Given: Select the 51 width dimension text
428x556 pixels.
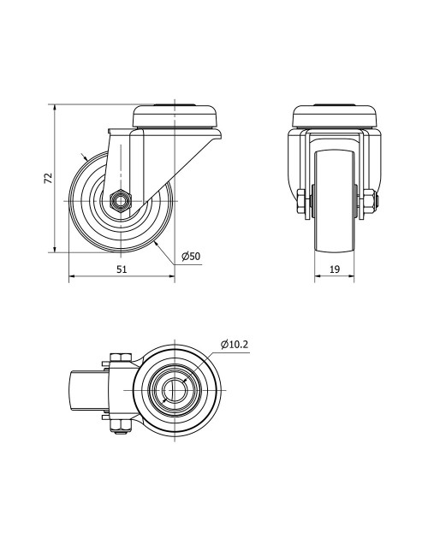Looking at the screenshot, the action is (x=122, y=269).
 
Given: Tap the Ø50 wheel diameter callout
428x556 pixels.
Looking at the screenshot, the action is (x=191, y=257).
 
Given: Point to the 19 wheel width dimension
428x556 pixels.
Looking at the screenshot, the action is (x=335, y=269).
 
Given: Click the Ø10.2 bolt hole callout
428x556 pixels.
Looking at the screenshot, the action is (x=234, y=345).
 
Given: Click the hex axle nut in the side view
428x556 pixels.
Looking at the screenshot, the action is (x=121, y=201).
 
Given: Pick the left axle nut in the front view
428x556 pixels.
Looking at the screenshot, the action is (x=302, y=202).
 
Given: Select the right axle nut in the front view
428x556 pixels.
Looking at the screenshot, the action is (x=370, y=202).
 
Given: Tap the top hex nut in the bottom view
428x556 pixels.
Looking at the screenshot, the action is (x=121, y=358).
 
